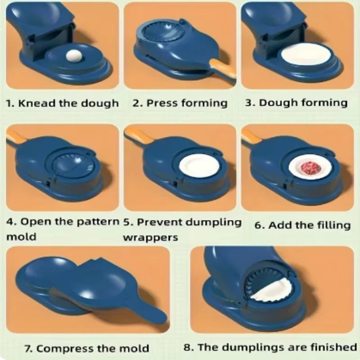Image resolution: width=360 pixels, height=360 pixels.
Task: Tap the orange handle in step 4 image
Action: pos(18,135)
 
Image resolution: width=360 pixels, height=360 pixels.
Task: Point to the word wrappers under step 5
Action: pos(151,237)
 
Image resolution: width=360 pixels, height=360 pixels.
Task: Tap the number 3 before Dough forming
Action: pos(248,103)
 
